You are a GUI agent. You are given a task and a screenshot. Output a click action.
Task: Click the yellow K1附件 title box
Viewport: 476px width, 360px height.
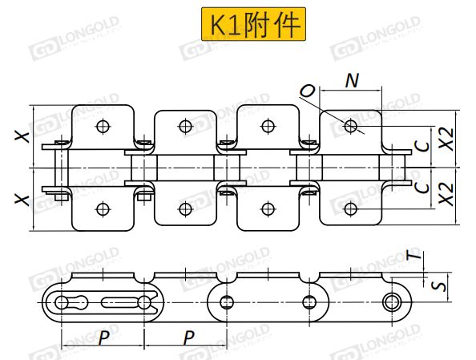tap(253, 24)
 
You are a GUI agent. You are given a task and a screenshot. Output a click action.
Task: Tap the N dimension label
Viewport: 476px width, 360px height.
tap(352, 80)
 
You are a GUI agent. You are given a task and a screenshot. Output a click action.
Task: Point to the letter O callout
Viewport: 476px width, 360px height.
tap(308, 91)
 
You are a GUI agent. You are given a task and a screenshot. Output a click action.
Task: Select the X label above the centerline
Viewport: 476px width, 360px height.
tap(22, 137)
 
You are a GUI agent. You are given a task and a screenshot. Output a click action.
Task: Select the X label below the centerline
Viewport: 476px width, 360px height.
tap(22, 200)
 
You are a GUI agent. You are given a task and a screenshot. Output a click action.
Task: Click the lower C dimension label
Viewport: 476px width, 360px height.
tap(422, 188)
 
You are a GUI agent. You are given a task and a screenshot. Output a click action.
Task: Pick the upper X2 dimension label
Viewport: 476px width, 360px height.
tap(446, 140)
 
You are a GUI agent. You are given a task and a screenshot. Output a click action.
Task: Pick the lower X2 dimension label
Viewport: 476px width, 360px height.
tap(446, 194)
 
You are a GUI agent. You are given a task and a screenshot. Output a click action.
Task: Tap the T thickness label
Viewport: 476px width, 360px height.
tap(414, 256)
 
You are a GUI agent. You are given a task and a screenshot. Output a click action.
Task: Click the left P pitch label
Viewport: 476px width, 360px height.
tap(104, 338)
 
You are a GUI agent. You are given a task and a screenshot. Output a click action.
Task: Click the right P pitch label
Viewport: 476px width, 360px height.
tap(188, 338)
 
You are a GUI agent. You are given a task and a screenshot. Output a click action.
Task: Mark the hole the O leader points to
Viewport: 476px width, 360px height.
tap(351, 126)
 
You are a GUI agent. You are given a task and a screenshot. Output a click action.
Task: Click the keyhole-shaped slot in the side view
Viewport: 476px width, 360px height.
tap(71, 302)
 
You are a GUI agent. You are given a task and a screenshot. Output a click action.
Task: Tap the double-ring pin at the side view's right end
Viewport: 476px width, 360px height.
tap(392, 302)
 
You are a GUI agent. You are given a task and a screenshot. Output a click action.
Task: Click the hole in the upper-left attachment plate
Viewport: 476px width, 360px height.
tap(103, 126)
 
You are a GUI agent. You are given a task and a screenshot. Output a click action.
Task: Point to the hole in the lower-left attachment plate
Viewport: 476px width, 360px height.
tap(103, 208)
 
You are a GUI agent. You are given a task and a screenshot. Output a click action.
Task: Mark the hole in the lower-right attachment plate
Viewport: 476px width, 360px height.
tap(351, 208)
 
